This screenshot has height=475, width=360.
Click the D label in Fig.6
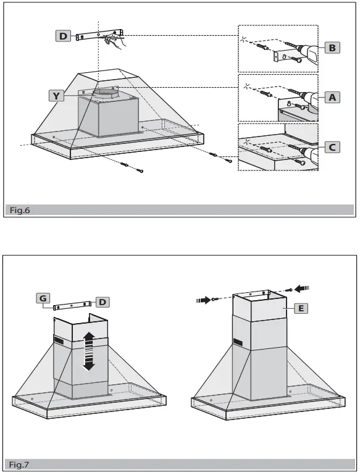63,36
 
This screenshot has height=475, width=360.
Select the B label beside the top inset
332,47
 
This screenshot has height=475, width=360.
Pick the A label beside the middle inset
332,97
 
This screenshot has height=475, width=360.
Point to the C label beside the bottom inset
332,147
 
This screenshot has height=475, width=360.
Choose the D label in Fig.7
102,301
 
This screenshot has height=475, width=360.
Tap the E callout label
301,307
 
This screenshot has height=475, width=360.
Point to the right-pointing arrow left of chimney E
203,300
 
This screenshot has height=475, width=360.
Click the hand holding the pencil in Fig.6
112,41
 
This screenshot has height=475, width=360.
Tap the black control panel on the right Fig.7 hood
239,341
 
